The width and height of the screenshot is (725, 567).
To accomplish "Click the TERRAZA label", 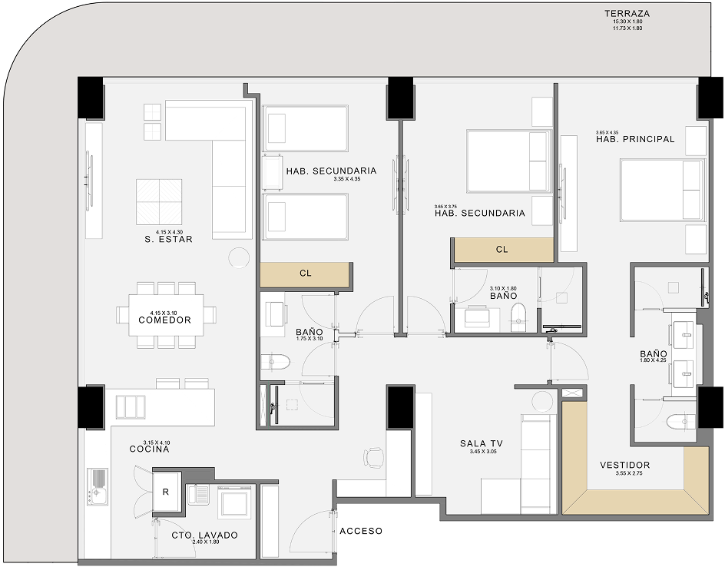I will (x=627, y=14).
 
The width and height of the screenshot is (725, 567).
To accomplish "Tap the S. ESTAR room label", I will (x=167, y=239).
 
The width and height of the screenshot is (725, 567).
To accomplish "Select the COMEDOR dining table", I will (x=166, y=315).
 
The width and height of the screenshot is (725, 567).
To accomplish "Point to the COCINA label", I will (x=149, y=449).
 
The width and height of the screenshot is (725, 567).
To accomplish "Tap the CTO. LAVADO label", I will (x=204, y=535).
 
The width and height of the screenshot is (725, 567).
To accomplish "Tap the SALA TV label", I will (x=484, y=443).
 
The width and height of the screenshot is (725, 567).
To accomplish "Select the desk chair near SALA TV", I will (x=374, y=456).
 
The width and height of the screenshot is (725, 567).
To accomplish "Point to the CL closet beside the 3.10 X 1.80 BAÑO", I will (x=502, y=249).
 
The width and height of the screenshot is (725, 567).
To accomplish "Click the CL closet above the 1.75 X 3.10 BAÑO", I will (x=305, y=274).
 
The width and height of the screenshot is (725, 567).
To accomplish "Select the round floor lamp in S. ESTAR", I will (x=239, y=257).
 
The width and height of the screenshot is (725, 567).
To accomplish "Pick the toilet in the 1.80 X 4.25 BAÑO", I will (x=680, y=422).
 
